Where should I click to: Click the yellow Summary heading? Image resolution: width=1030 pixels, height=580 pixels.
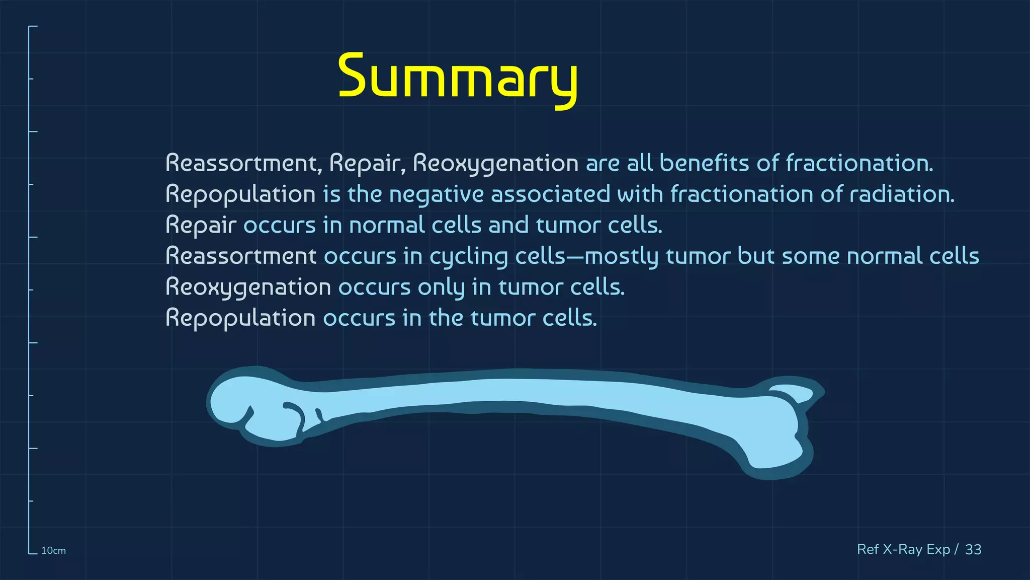tap(458, 77)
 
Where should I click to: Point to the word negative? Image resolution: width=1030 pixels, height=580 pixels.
tap(436, 195)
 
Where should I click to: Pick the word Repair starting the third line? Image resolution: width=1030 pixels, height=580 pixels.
tap(201, 226)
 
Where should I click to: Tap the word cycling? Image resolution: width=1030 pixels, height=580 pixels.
tap(469, 257)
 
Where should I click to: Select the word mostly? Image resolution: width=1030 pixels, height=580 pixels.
tap(621, 257)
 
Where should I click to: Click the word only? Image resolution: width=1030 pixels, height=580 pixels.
tap(441, 287)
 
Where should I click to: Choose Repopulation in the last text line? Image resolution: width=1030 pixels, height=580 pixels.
tap(240, 319)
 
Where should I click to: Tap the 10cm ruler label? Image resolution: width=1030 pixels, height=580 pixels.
tap(53, 551)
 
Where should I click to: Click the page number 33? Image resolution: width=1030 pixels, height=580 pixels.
tap(973, 549)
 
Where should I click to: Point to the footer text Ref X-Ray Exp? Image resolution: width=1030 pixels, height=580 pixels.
tap(903, 549)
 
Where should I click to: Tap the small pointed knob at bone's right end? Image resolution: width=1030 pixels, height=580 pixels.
tap(795, 393)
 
